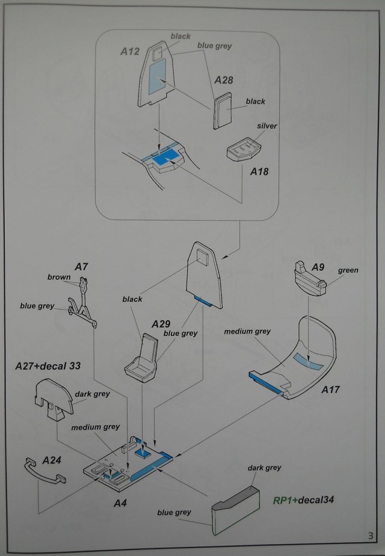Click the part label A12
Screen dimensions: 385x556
coord(131,52)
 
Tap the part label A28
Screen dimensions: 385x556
coord(224,79)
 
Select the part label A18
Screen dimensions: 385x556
coord(258,172)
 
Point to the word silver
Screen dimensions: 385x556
coord(266,126)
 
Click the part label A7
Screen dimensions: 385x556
coord(82,266)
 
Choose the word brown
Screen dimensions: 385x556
coord(60,277)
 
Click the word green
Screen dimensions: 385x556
coord(348,270)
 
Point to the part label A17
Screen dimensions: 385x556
coord(330,390)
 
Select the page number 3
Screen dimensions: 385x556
coord(369,536)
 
